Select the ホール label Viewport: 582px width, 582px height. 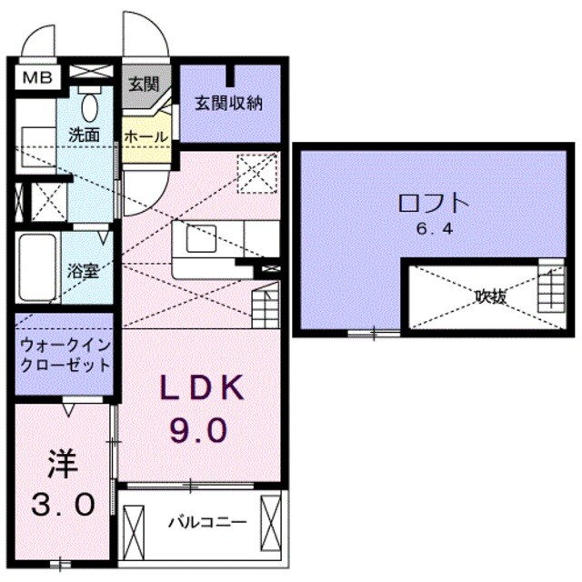[x=145, y=136]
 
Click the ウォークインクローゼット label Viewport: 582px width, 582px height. [x=65, y=356]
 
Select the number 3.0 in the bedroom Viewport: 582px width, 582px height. [x=63, y=503]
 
